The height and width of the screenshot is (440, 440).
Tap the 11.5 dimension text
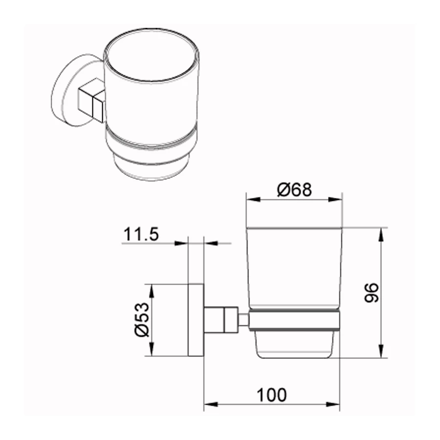point(141,234)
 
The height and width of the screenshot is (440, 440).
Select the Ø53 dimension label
point(141,320)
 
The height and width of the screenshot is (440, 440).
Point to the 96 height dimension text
point(371,293)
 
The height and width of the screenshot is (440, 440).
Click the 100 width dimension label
point(272,395)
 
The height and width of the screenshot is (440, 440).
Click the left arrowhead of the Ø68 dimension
point(253,199)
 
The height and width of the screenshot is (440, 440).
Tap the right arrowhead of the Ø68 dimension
point(335,199)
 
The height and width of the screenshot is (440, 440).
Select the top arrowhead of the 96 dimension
point(381,235)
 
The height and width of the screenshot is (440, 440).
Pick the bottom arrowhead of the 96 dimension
point(381,351)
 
